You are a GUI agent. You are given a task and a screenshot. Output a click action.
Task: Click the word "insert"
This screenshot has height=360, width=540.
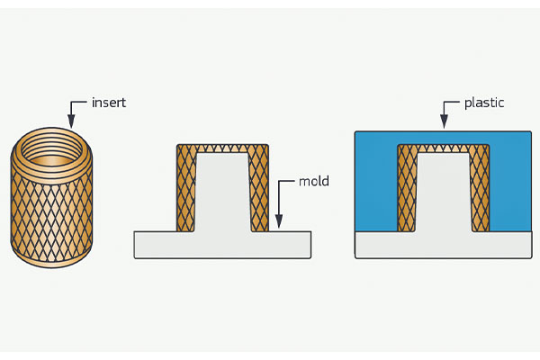coord(109,103)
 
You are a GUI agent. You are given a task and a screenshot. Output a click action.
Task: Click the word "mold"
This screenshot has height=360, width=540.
coord(314,182)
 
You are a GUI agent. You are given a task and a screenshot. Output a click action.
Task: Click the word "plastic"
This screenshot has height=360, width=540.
coord(483,103)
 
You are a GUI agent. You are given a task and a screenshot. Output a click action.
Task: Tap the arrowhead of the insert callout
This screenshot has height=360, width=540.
coord(70,123)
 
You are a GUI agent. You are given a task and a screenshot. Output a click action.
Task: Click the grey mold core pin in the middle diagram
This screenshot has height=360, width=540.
coord(222,193)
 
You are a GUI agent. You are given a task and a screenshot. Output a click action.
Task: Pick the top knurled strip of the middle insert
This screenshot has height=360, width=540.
coord(222,148)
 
